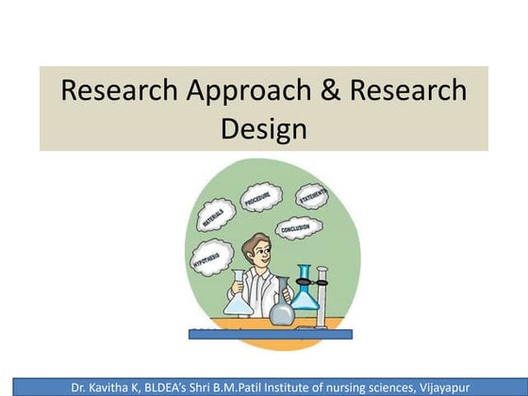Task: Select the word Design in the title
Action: click(x=264, y=129)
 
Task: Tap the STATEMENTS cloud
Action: click(x=311, y=196)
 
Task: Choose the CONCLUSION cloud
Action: click(x=298, y=228)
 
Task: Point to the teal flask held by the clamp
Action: click(x=305, y=291)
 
